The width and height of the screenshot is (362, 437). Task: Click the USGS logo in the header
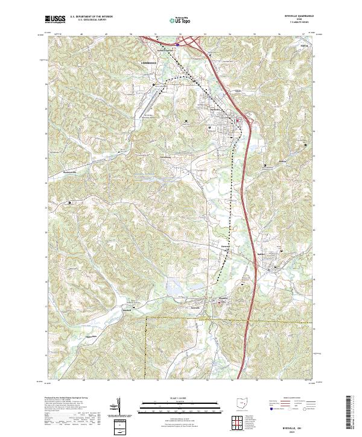pos(55,19)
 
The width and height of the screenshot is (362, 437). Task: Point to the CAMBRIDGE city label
pos(148,63)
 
